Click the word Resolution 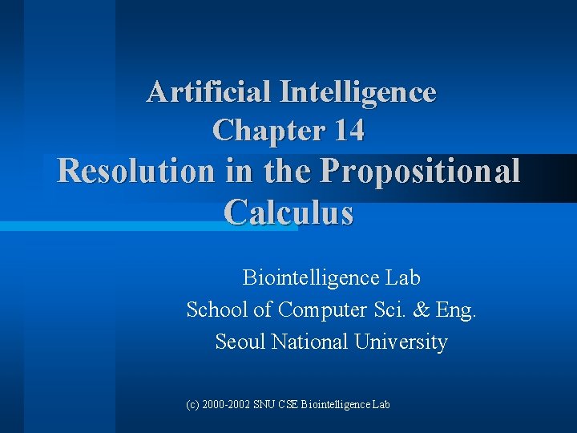pyautogui.click(x=125, y=171)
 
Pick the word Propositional pyautogui.click(x=420, y=171)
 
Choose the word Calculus pyautogui.click(x=288, y=212)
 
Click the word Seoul pyautogui.click(x=240, y=342)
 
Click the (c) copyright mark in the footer pyautogui.click(x=192, y=405)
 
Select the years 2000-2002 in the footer pyautogui.click(x=228, y=405)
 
